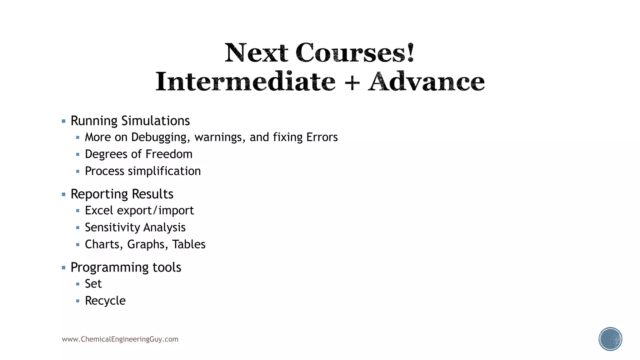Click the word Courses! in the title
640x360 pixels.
[355, 53]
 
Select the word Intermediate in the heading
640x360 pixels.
[245, 82]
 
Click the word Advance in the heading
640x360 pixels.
[426, 82]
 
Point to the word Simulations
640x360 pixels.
[155, 121]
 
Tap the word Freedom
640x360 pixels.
[169, 154]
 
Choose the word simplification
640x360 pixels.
[164, 171]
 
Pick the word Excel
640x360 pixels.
[99, 211]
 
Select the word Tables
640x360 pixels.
[189, 244]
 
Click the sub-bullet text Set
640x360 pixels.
[93, 284]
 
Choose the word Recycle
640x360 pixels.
[105, 301]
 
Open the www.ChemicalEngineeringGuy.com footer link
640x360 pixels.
[120, 339]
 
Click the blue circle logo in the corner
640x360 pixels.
[610, 339]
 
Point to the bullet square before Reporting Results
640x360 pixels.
[64, 194]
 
